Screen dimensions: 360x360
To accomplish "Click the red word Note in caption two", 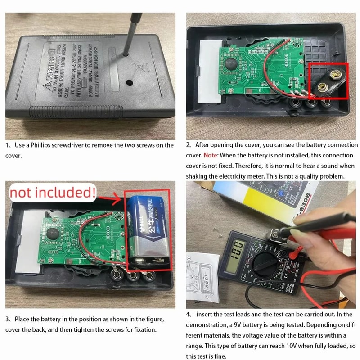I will (x=211, y=155).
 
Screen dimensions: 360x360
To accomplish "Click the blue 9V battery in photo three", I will (x=146, y=229).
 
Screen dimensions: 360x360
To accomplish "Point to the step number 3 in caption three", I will (x=8, y=319).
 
